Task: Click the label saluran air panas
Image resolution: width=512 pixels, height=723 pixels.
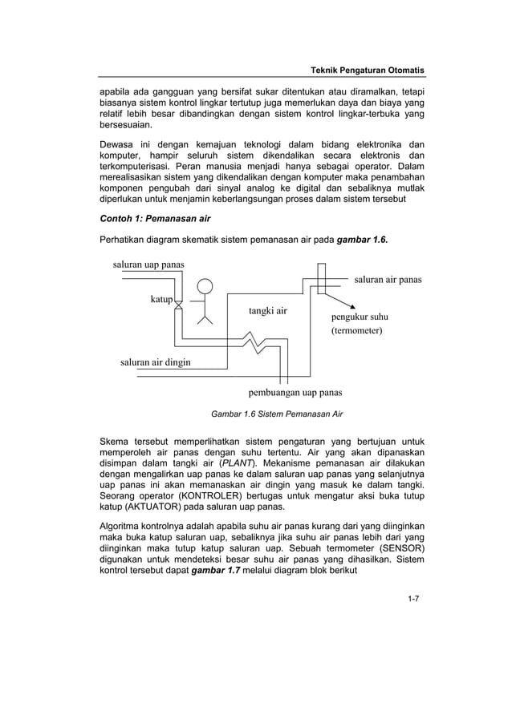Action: (388, 280)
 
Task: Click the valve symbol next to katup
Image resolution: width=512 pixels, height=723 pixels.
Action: (179, 305)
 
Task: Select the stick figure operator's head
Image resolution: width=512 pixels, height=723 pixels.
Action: (206, 287)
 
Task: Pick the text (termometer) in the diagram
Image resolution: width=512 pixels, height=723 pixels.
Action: (357, 330)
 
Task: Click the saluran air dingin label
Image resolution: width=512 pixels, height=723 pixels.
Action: (156, 361)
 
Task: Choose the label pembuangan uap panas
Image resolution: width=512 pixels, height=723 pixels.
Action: (294, 393)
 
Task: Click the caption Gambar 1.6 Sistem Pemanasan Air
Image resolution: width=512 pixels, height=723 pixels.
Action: (276, 414)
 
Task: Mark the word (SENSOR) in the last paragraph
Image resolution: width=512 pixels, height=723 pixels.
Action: (394, 548)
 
